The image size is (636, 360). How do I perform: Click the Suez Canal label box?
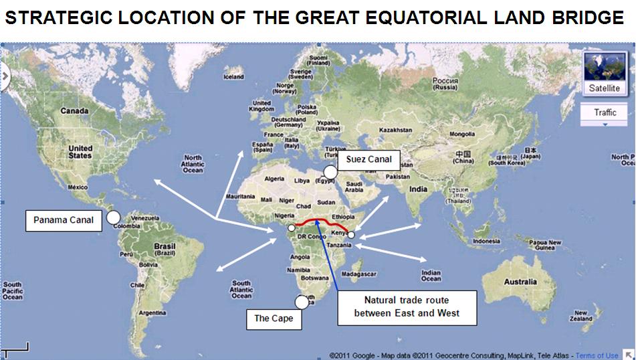369,161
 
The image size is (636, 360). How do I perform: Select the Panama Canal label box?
64,220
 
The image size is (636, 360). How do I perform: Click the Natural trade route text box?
407,306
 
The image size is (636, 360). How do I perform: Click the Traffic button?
605,112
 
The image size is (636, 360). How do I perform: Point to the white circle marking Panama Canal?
113,217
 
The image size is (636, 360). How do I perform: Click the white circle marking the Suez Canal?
330,172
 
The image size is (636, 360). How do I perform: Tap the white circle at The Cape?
302,302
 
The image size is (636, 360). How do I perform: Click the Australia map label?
520,282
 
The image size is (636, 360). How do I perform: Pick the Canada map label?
74,111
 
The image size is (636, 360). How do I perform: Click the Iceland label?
234,77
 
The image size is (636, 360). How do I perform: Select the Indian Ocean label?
431,274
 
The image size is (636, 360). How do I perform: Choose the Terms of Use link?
597,355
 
